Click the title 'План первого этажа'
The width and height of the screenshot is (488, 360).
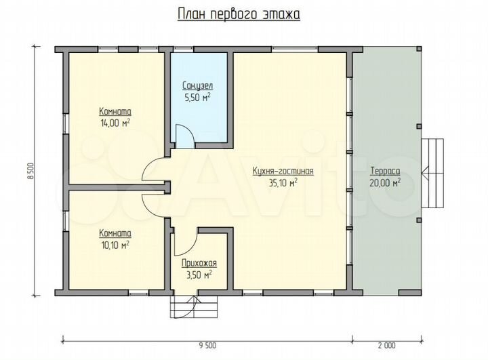coord(239,14)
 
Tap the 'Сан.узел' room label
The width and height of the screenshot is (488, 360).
coord(198,86)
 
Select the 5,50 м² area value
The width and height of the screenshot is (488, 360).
coord(198,98)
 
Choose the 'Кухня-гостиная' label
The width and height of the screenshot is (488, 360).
coord(283,171)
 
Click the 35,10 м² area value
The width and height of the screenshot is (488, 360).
coord(283,182)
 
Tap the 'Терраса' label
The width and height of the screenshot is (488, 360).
coord(384,171)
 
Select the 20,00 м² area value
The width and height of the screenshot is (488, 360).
coord(384,182)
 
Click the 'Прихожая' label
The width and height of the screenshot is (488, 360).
coord(199,263)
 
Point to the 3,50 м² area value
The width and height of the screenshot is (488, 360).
coord(199,275)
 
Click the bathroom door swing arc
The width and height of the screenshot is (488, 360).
coord(184,135)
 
